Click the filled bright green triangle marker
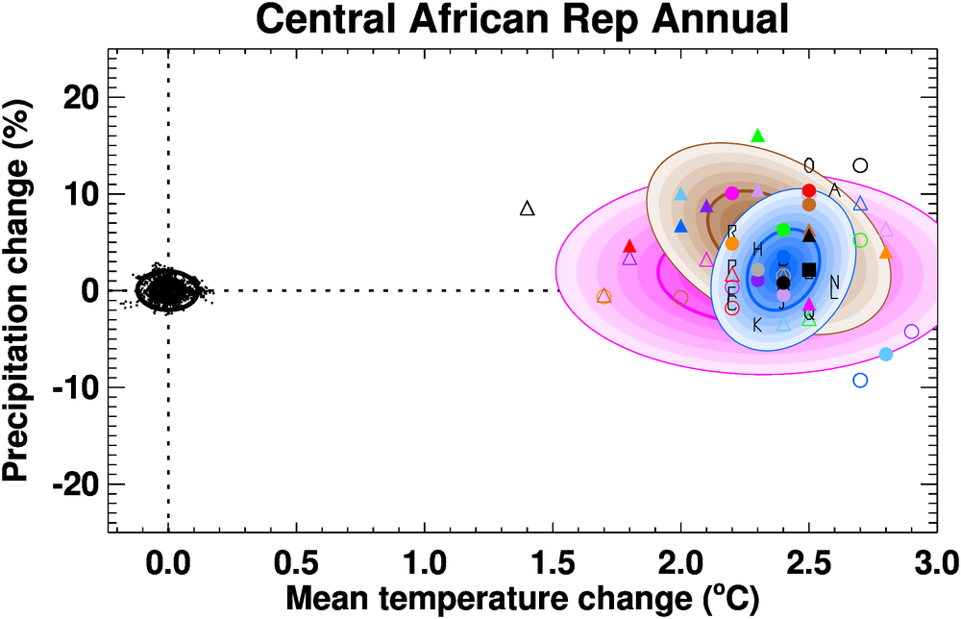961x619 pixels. click(x=757, y=136)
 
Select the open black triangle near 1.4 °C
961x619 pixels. click(x=527, y=208)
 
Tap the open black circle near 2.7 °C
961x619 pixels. click(x=860, y=165)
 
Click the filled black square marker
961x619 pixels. click(x=809, y=269)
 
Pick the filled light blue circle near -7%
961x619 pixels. click(x=886, y=354)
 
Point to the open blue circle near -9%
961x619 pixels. click(x=860, y=380)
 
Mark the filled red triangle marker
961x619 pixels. click(x=629, y=246)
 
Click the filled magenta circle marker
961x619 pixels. click(x=732, y=193)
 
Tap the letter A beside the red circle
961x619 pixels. click(x=834, y=190)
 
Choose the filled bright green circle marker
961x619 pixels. click(x=783, y=230)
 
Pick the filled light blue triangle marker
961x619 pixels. click(x=681, y=194)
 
